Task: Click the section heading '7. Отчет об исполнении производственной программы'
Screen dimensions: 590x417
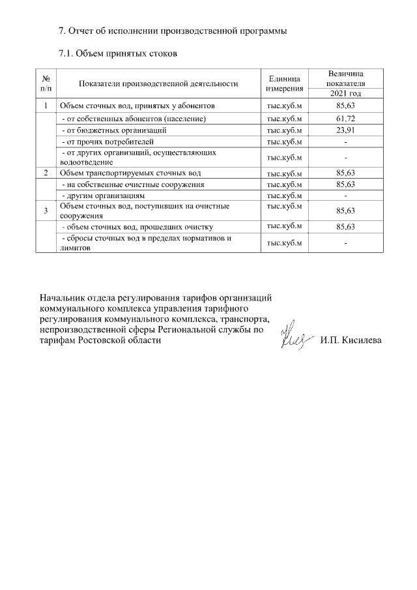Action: click(x=173, y=31)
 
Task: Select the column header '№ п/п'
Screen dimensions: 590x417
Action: click(x=46, y=83)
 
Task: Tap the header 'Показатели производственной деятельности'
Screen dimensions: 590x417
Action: click(x=158, y=83)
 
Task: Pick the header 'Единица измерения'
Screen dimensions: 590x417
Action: click(x=284, y=83)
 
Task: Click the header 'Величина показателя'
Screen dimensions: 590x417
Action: click(x=345, y=78)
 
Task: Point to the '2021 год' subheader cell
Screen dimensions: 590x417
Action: click(x=345, y=93)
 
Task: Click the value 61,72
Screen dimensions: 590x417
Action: click(x=345, y=119)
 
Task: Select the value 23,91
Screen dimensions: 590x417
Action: click(x=345, y=130)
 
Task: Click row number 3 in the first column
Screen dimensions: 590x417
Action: click(x=46, y=210)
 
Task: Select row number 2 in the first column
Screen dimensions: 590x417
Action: click(x=46, y=173)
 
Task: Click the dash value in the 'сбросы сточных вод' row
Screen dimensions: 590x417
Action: click(x=345, y=243)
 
